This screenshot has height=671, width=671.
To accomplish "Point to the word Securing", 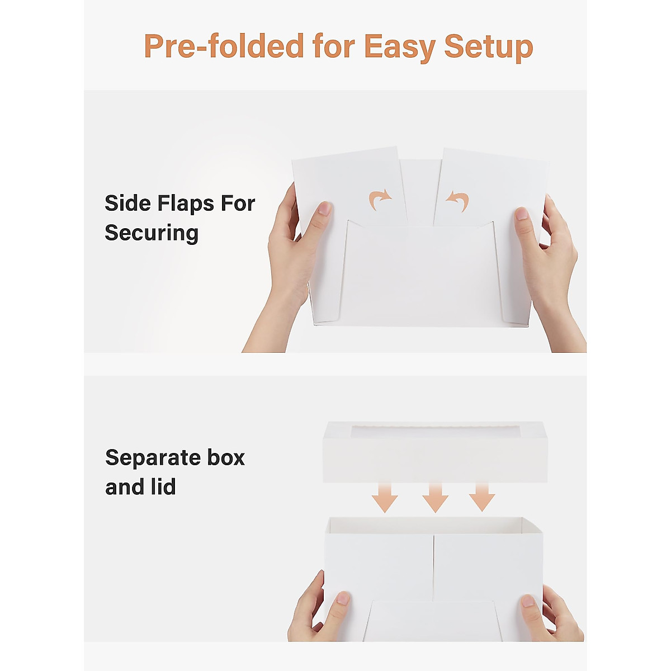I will tap(152, 233).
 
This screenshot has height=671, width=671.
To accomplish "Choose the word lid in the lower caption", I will tap(163, 487).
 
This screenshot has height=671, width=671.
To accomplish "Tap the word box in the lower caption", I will tap(226, 457).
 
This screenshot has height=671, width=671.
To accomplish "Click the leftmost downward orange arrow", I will tap(385, 498).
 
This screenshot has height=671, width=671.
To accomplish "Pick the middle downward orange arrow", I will tap(435, 498).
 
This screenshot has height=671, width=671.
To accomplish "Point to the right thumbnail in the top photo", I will tap(522, 214).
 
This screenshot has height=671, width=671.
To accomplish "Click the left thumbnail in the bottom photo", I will tap(342, 599).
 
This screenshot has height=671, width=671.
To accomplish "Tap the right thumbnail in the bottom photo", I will tap(527, 601).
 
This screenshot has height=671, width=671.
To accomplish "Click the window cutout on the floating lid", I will tap(435, 432).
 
